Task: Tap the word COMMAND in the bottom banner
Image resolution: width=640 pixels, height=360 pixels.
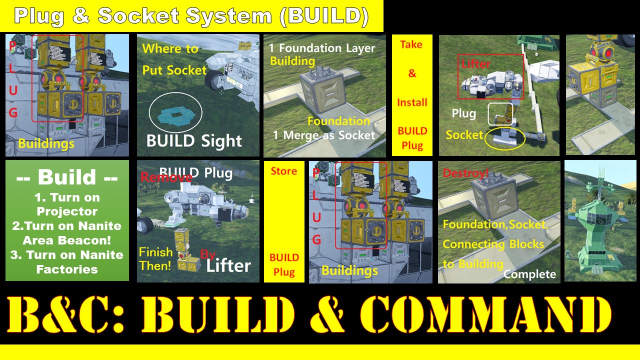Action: click(x=485, y=314)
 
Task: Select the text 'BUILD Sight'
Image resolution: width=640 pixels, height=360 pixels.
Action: click(x=194, y=140)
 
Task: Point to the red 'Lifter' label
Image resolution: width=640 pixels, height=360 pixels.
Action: click(x=475, y=63)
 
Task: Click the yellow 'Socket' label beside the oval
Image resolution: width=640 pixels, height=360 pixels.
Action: click(x=464, y=135)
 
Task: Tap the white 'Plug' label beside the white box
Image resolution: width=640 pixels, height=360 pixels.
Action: click(x=464, y=113)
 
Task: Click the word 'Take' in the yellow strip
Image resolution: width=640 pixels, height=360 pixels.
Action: click(x=411, y=44)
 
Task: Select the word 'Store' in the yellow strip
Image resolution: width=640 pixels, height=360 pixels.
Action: click(x=283, y=171)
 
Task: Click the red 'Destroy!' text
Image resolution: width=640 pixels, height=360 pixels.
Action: click(x=465, y=173)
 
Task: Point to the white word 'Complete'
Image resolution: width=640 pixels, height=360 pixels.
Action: click(x=529, y=274)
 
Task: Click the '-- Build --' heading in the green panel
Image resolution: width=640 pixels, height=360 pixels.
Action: click(x=67, y=177)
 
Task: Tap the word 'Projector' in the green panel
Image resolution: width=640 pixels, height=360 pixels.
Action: click(x=67, y=211)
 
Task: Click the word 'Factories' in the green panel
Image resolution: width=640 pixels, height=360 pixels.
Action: click(x=67, y=269)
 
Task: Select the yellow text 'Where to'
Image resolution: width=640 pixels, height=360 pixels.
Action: click(x=170, y=49)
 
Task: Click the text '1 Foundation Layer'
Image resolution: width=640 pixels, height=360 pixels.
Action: click(x=321, y=48)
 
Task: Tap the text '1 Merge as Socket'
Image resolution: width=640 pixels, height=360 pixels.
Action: click(x=323, y=135)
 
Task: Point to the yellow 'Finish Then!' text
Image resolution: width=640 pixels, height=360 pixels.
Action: click(x=155, y=259)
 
